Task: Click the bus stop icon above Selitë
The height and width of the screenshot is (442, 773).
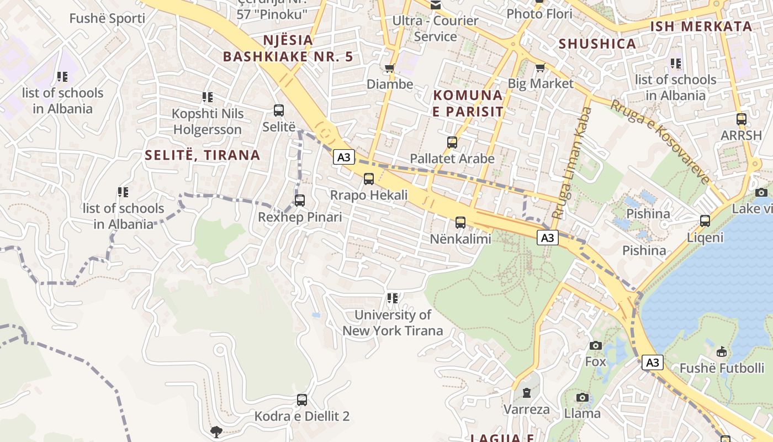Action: coord(279,110)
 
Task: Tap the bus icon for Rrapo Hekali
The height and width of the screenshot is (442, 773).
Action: coord(368,179)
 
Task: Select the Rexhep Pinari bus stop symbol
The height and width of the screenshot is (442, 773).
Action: coord(300,201)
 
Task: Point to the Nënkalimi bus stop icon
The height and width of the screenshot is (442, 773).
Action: coord(460,223)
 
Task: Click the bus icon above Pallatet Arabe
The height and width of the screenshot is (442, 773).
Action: coord(452,143)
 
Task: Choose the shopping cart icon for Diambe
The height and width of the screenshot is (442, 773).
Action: coord(390,69)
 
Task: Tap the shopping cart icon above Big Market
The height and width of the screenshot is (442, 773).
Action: coord(540,68)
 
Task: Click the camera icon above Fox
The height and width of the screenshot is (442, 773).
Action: coord(595,346)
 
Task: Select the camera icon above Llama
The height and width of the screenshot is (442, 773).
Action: coord(582,398)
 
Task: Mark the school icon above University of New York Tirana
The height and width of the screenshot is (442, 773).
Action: coord(393,299)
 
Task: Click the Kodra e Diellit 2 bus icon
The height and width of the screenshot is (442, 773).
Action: coord(301,399)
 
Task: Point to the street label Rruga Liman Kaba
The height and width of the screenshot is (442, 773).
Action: coord(571,163)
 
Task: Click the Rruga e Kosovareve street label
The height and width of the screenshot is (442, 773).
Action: coord(659,141)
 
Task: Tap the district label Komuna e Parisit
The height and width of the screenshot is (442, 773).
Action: coord(468,103)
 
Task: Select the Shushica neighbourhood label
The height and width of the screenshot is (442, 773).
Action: coord(597,44)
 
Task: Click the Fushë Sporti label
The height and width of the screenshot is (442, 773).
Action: coord(107,18)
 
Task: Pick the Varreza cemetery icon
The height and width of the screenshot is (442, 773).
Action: coord(527,393)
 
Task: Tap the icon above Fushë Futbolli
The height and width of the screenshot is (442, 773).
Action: coord(721,352)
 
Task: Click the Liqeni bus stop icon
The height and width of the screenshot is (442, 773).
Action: coord(705,221)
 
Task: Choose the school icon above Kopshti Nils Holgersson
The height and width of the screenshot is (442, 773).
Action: coord(208,98)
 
